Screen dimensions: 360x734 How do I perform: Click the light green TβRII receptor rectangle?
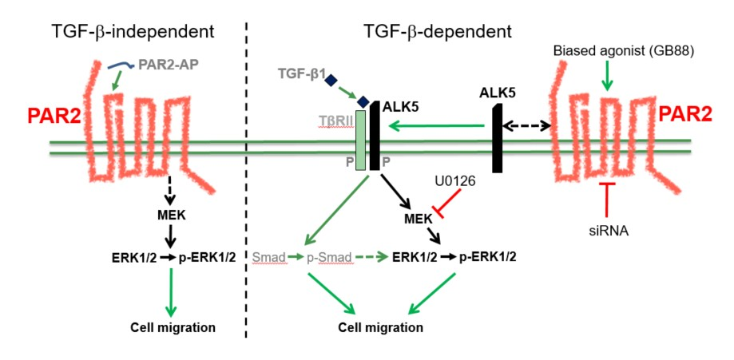click(361, 140)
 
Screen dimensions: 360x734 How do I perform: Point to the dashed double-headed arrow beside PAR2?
click(523, 125)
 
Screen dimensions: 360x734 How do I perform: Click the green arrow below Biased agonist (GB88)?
click(608, 76)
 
